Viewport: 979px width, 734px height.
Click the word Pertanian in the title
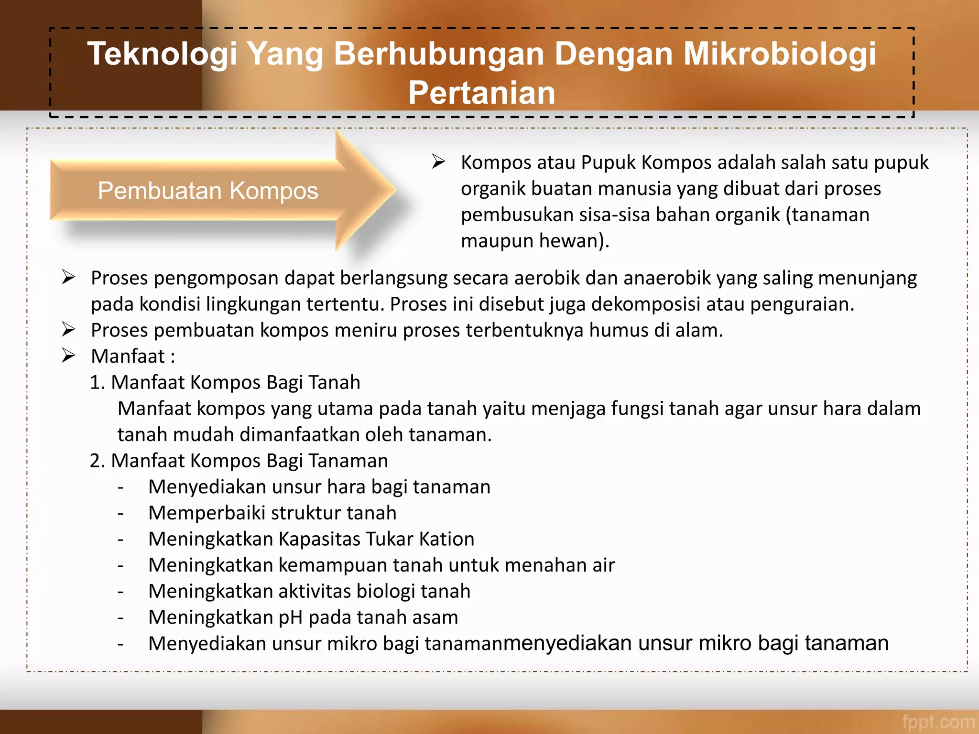(x=481, y=93)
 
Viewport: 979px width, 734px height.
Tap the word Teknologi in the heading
(x=162, y=54)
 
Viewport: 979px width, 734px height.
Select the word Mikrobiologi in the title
(x=780, y=54)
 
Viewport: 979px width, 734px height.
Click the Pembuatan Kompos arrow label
(x=208, y=191)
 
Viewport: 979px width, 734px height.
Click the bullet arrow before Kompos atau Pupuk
(x=438, y=162)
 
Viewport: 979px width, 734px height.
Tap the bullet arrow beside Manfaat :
(x=68, y=356)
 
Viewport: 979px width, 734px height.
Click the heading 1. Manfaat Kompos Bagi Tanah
(x=225, y=382)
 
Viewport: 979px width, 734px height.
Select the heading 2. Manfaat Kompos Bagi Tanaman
(x=239, y=461)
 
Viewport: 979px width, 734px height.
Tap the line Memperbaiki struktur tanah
(x=272, y=513)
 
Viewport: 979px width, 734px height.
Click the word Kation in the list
(x=446, y=539)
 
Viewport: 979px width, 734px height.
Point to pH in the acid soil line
(x=290, y=617)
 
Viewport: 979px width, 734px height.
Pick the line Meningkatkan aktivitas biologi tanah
(x=309, y=591)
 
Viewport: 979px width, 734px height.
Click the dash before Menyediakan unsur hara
(x=121, y=487)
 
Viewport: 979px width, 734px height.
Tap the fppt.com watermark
(x=938, y=722)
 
